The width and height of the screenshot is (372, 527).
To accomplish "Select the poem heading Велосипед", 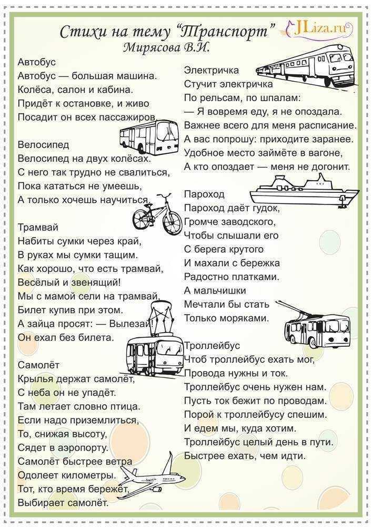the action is (43, 144).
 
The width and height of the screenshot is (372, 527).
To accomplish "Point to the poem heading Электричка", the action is (212, 70).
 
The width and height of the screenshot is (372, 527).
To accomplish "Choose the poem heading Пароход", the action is (204, 194).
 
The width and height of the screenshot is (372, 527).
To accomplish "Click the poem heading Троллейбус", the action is (212, 346).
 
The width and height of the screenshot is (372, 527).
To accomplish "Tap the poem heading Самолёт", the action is (38, 365).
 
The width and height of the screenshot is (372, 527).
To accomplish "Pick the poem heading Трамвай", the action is (38, 227).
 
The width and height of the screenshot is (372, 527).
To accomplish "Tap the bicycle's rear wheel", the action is (143, 217).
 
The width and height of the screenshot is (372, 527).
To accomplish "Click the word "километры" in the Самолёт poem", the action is (88, 475).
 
